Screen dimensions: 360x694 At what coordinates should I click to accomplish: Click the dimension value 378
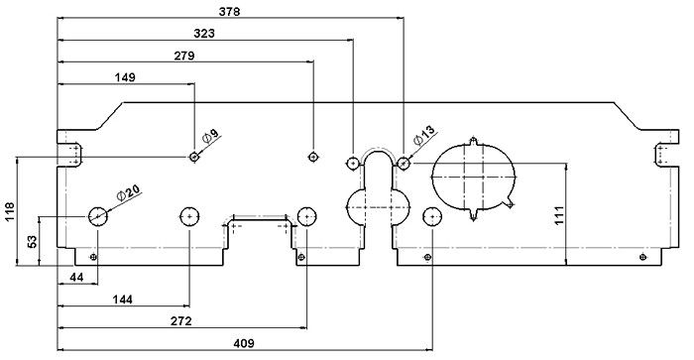coord(229,11)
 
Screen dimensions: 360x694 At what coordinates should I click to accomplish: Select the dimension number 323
coord(205,33)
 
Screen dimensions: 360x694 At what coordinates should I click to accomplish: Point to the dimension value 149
coord(125,76)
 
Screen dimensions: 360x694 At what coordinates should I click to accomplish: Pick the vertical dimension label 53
coord(32,241)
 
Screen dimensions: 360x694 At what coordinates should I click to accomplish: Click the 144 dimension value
coord(123,299)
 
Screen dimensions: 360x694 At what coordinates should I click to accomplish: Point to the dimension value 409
coord(242,343)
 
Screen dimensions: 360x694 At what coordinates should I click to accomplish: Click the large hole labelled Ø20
coord(99,215)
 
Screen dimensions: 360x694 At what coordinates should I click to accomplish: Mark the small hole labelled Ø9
coord(194,157)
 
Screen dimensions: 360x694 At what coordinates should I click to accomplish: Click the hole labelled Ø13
coord(404,162)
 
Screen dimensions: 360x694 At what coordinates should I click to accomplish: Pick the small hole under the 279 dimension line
coord(313,156)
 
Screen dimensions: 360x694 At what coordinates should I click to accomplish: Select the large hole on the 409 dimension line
coord(432,216)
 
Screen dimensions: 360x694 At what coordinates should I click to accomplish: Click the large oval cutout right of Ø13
coord(474,176)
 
